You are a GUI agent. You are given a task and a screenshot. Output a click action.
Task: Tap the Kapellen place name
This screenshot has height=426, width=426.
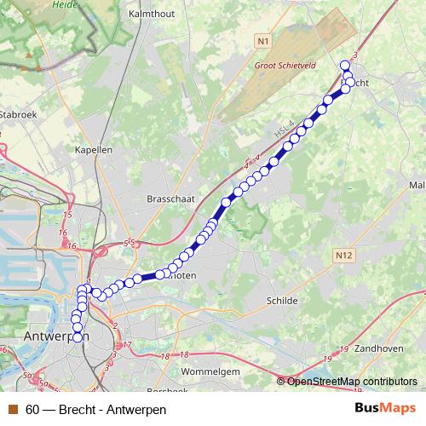tap(94, 149)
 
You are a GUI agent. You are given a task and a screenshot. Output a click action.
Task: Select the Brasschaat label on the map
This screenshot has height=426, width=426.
tap(166, 198)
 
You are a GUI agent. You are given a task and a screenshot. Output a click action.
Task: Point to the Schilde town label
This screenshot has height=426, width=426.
tap(282, 301)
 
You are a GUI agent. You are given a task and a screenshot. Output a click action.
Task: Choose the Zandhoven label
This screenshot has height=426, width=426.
tap(380, 348)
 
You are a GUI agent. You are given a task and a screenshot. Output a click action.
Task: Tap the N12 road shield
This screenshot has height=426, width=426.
tap(344, 255)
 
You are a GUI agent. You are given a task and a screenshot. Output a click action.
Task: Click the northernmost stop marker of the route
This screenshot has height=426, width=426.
tap(345, 66)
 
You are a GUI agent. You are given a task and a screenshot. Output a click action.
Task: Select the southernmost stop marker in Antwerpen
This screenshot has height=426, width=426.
tap(78, 337)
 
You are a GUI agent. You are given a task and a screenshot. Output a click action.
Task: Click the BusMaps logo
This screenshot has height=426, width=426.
tap(385, 409)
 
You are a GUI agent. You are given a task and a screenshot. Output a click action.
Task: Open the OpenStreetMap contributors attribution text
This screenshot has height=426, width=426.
tap(352, 381)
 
